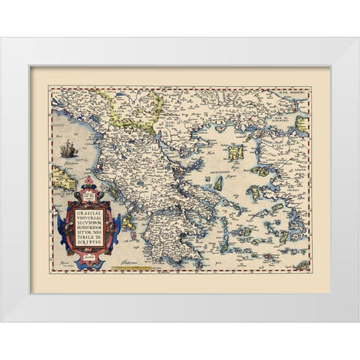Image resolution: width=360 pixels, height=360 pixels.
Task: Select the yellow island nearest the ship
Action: [58, 181]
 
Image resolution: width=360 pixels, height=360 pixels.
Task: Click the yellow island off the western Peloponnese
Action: [129, 223]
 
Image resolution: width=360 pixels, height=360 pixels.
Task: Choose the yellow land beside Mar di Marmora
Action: [301, 124]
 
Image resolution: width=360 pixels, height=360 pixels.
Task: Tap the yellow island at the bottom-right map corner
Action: [302, 264]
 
